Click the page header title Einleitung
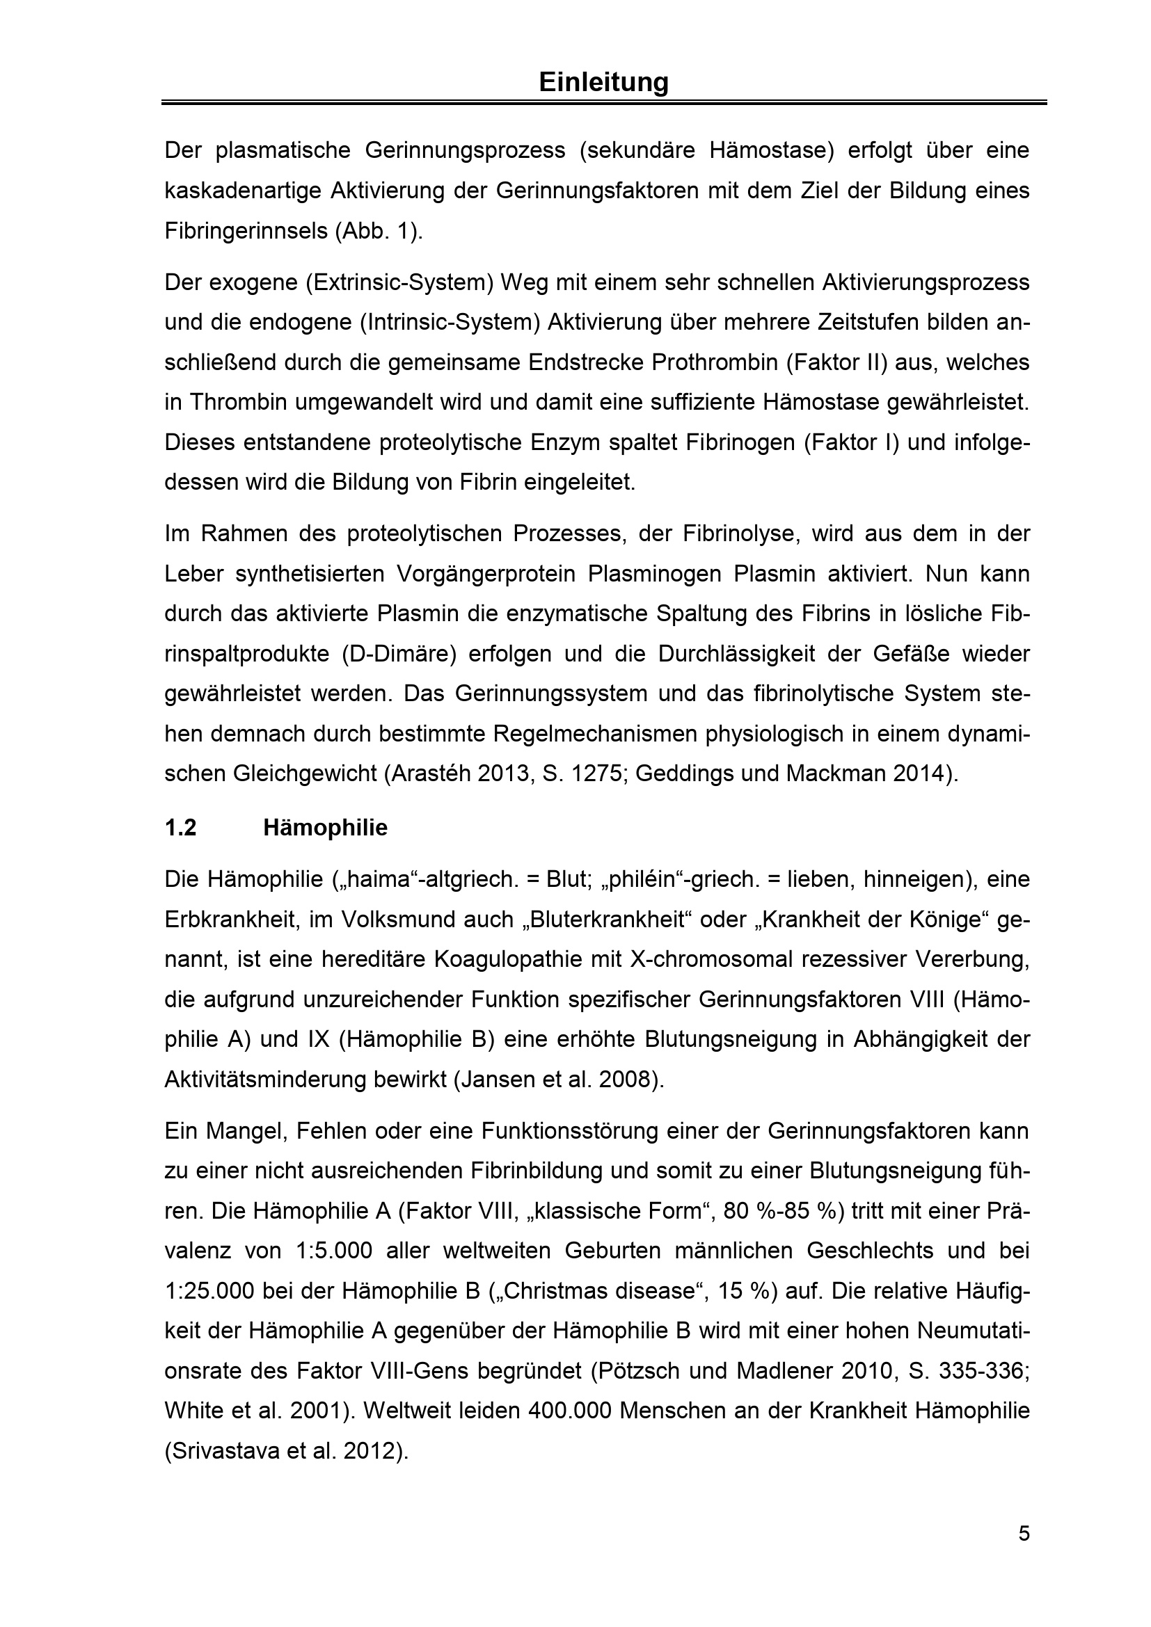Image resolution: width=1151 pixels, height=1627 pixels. click(x=603, y=82)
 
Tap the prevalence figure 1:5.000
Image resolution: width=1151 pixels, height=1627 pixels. click(x=333, y=1251)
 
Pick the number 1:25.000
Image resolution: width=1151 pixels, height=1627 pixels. click(x=209, y=1291)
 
